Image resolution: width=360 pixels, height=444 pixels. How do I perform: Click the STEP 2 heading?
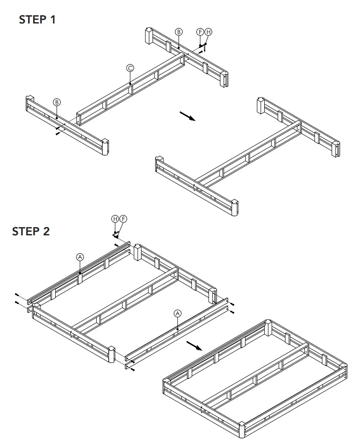pyautogui.click(x=31, y=231)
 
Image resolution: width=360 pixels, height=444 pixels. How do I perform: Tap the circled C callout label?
pyautogui.click(x=130, y=68)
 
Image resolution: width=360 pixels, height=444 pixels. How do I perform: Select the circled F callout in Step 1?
pyautogui.click(x=200, y=32)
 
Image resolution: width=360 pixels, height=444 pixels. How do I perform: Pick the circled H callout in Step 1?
pyautogui.click(x=208, y=32)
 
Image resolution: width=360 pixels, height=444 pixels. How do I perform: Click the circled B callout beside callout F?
pyautogui.click(x=179, y=32)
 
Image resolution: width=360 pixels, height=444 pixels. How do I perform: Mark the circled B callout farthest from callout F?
pyautogui.click(x=57, y=102)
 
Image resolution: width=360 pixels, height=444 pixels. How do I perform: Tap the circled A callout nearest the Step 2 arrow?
pyautogui.click(x=178, y=313)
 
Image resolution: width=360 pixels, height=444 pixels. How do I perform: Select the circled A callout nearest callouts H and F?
pyautogui.click(x=80, y=257)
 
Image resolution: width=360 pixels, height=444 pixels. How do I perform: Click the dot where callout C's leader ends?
pyautogui.click(x=130, y=83)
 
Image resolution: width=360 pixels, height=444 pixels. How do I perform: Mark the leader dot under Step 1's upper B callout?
pyautogui.click(x=178, y=47)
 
